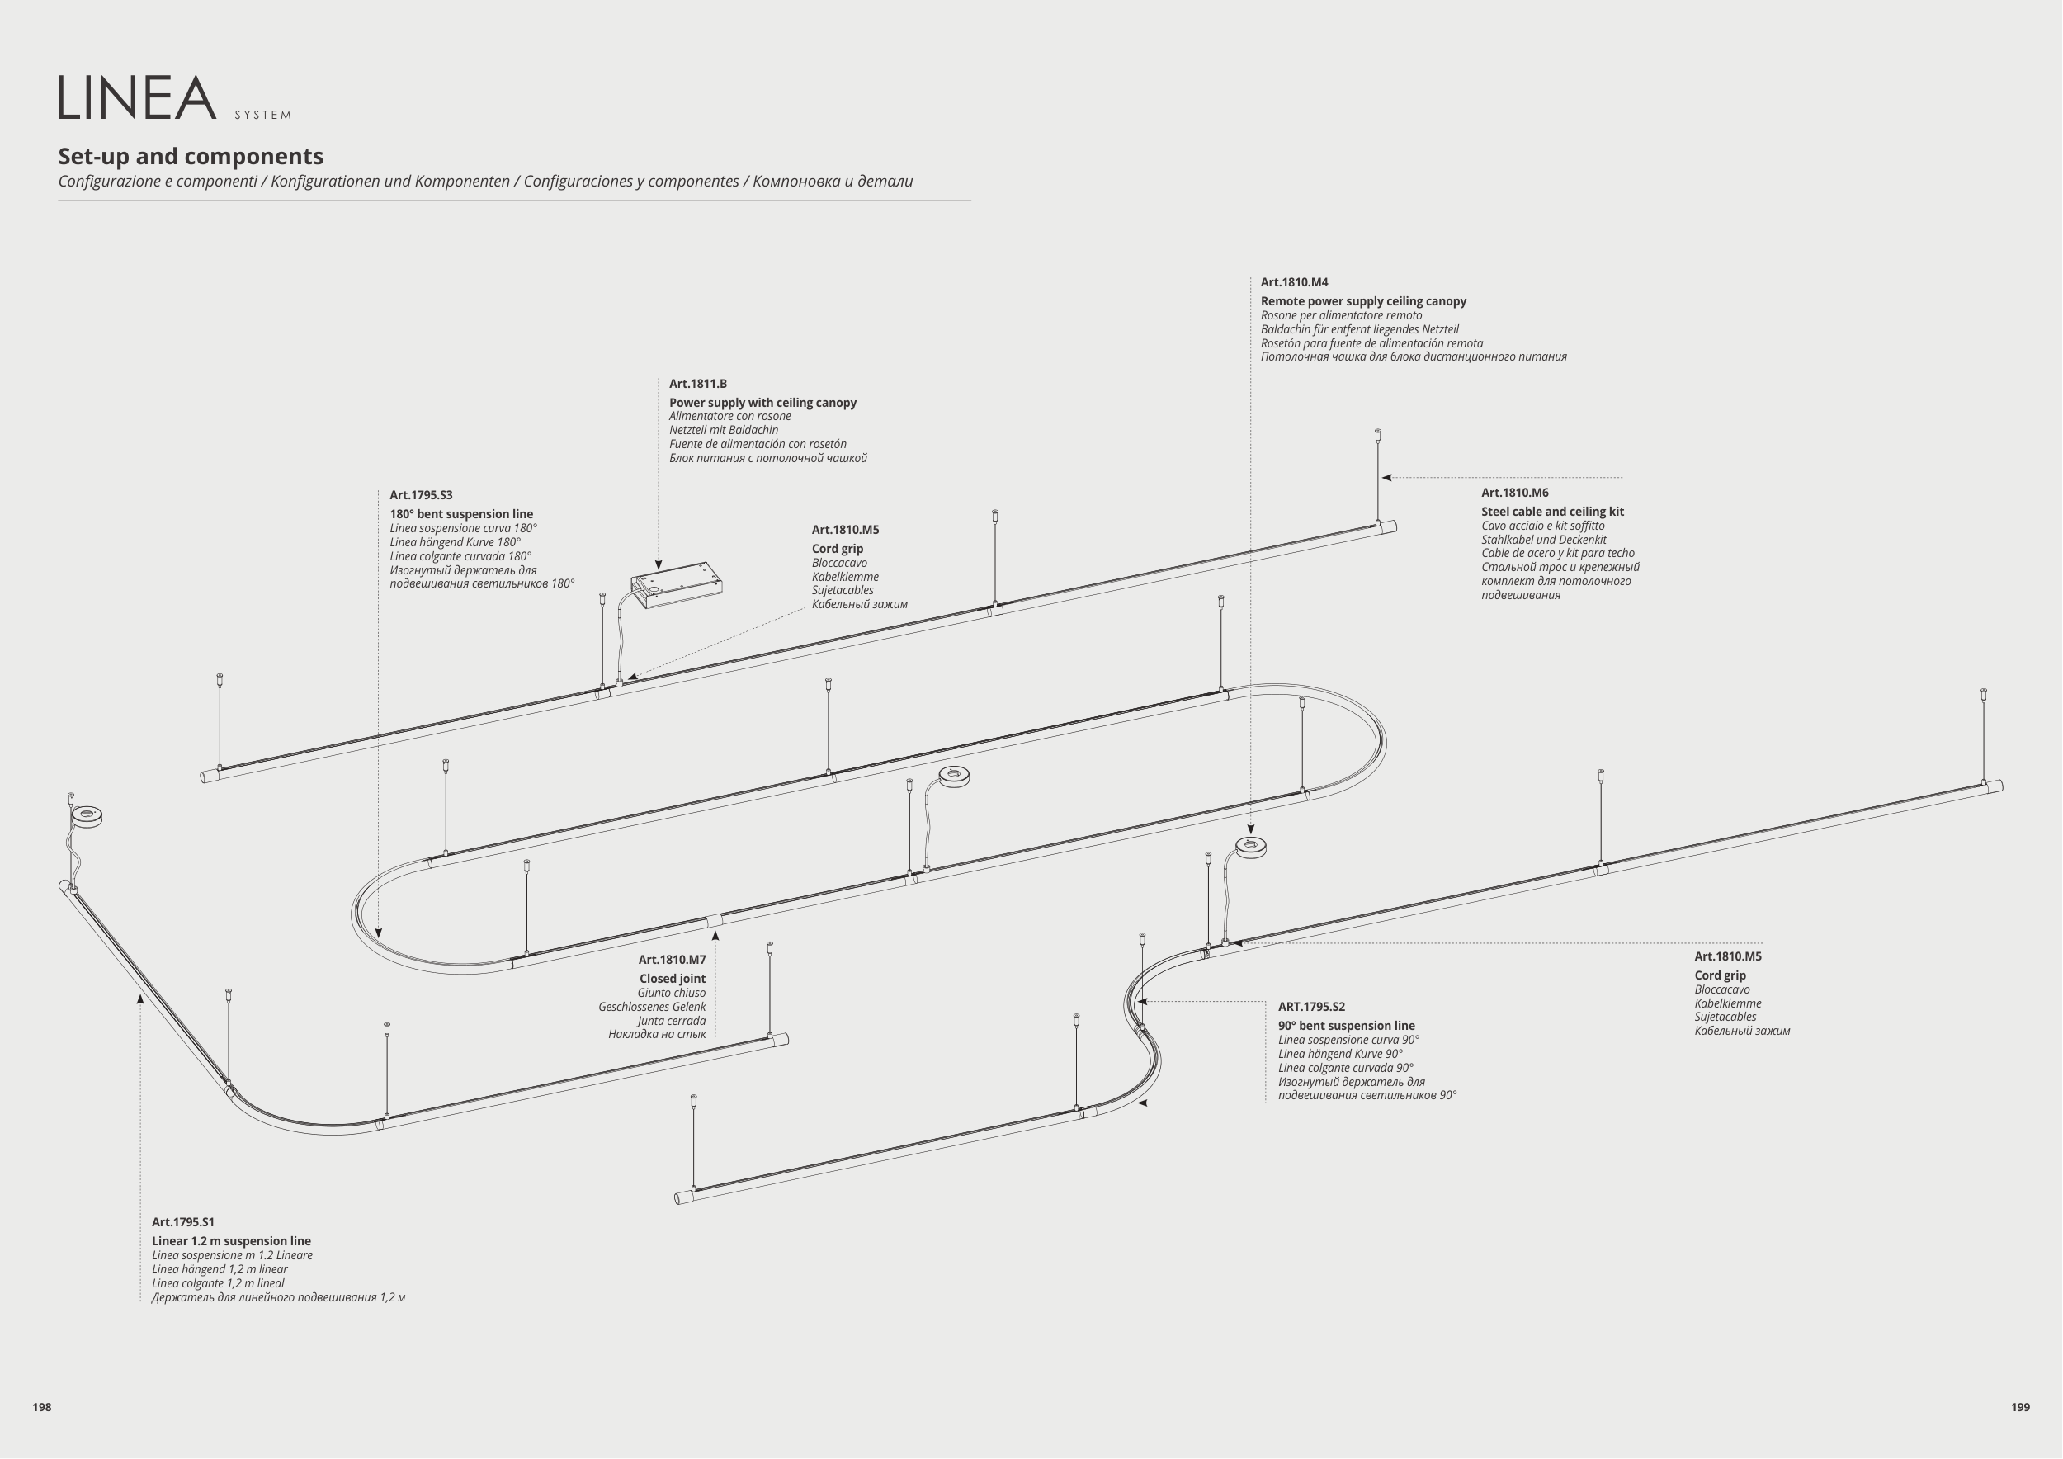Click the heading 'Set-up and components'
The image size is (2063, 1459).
(x=191, y=156)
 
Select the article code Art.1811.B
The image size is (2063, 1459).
(x=697, y=384)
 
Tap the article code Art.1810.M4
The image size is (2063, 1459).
(x=1294, y=282)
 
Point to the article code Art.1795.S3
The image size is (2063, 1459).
(x=421, y=495)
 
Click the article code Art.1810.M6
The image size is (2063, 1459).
(x=1515, y=493)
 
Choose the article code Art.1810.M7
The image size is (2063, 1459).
(x=671, y=960)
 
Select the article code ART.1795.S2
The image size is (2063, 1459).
(x=1311, y=1006)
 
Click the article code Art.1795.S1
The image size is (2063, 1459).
(x=182, y=1222)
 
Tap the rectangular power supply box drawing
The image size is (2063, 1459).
(x=677, y=584)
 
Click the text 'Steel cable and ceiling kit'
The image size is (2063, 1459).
(x=1551, y=511)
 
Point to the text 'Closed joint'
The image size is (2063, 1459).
(x=672, y=979)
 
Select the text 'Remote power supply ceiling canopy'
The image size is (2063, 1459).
(x=1362, y=301)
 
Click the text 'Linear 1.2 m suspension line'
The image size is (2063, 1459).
(x=231, y=1240)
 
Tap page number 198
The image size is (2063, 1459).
(x=41, y=1407)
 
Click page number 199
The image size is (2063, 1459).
(x=2020, y=1407)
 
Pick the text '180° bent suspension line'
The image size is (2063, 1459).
(x=461, y=514)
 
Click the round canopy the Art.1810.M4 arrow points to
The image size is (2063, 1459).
(x=1251, y=847)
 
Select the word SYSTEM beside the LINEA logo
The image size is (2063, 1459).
(x=262, y=115)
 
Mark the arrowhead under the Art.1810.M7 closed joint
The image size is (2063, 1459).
(x=715, y=935)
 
